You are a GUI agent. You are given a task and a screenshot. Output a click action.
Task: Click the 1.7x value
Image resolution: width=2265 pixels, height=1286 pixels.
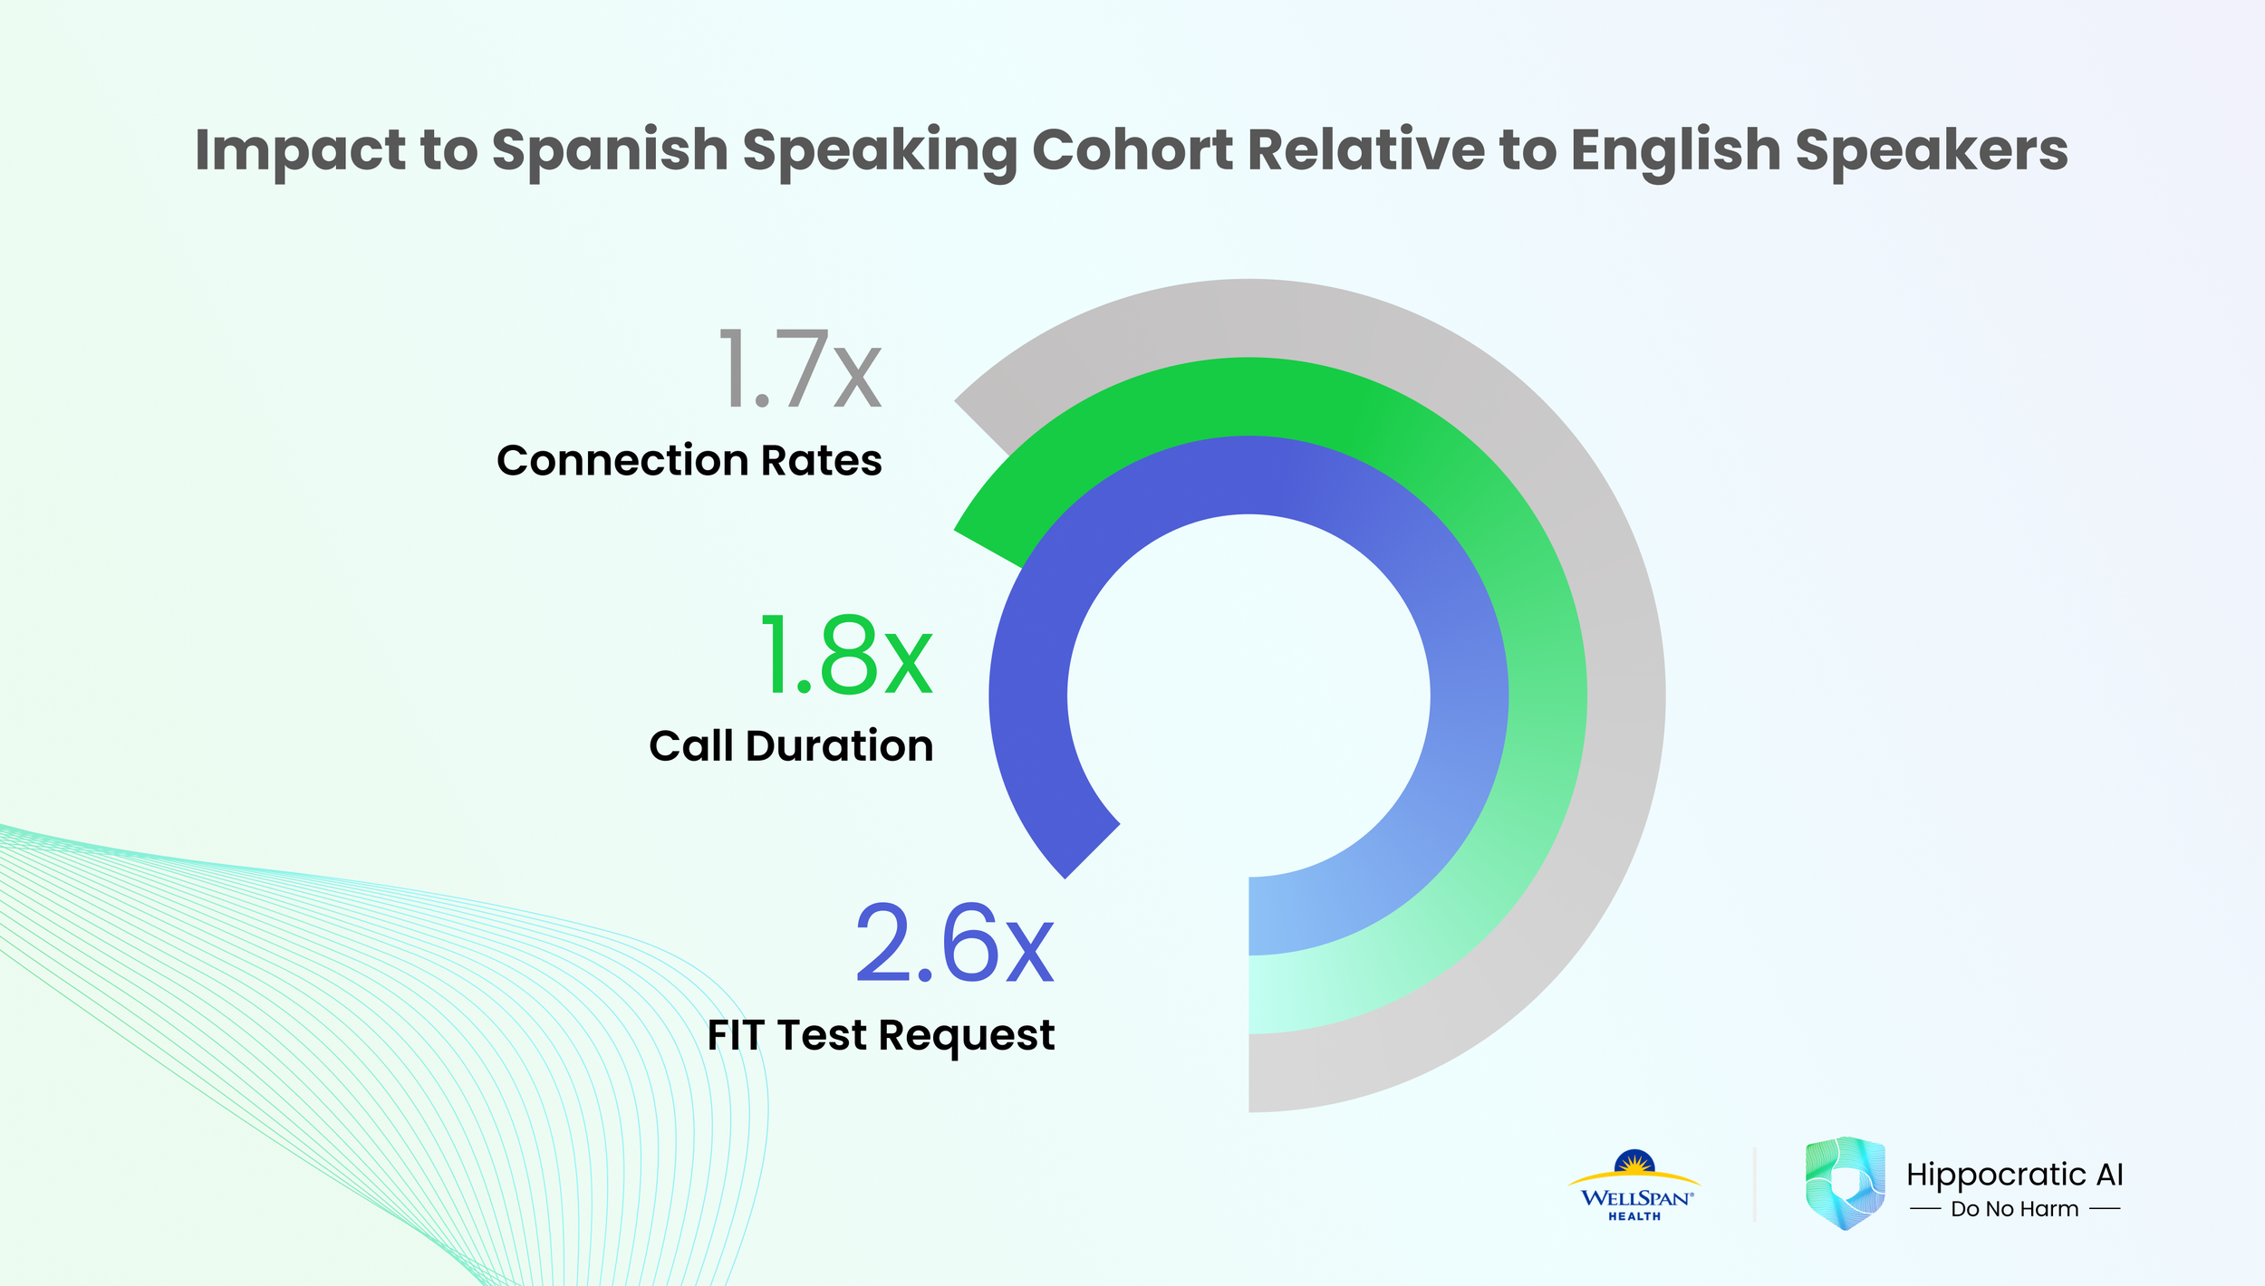(x=799, y=369)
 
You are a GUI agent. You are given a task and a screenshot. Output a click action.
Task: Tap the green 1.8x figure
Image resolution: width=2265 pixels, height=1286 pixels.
(x=845, y=655)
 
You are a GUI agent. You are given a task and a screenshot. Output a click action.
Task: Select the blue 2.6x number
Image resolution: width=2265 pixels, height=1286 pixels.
(x=954, y=945)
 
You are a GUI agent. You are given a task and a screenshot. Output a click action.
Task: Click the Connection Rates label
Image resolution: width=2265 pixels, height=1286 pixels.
(x=689, y=460)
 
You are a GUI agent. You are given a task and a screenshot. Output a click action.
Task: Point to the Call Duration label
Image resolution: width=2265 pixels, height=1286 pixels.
(x=791, y=746)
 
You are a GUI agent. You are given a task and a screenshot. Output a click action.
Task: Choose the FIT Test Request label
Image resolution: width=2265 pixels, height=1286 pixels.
(x=881, y=1035)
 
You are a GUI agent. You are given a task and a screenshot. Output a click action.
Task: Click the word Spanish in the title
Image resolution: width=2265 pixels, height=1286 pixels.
(x=610, y=150)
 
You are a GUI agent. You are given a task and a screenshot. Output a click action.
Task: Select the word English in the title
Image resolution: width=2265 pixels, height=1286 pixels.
(x=1675, y=150)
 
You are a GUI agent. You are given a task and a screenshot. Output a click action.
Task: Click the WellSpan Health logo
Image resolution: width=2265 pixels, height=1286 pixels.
(x=1634, y=1187)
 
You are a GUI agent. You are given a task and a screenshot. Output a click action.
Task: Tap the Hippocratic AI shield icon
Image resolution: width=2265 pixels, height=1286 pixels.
(x=1845, y=1183)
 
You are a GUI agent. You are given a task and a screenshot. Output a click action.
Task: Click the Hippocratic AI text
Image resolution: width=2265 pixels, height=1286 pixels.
(x=2014, y=1175)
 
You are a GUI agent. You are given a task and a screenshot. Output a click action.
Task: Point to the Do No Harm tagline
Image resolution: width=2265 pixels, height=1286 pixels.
(x=2014, y=1209)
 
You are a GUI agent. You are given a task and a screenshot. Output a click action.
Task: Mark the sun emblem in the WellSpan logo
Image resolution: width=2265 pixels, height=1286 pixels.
(x=1634, y=1162)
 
